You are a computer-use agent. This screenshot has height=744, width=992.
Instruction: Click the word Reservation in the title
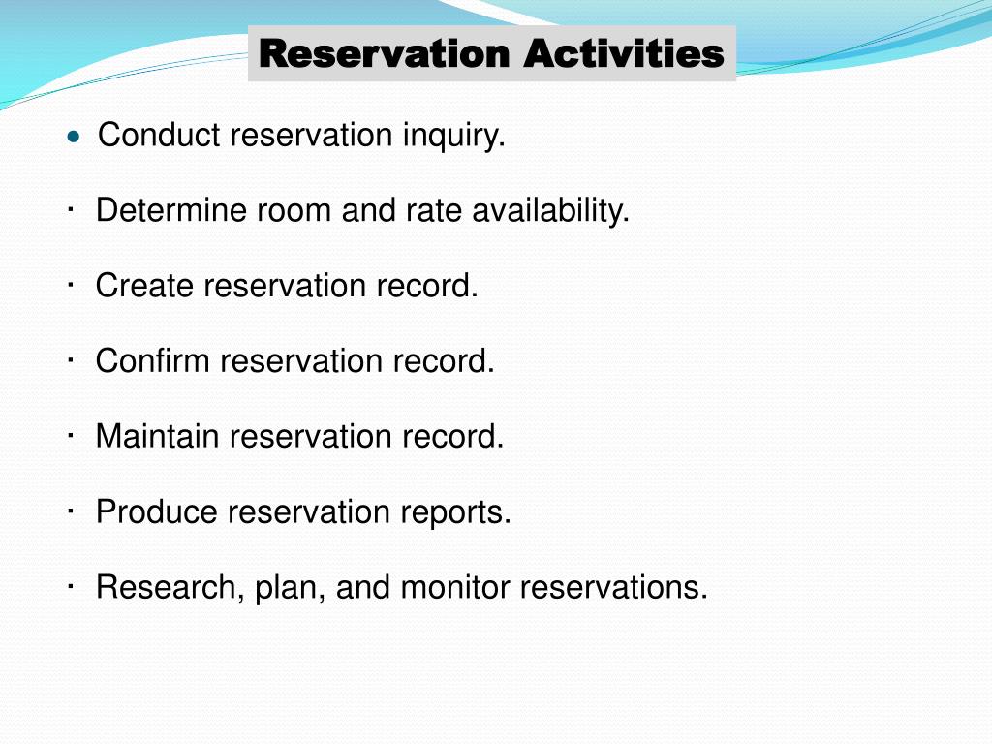tap(385, 53)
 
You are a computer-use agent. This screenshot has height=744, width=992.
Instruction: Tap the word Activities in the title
tap(624, 53)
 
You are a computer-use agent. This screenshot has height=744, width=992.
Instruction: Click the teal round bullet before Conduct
tap(73, 138)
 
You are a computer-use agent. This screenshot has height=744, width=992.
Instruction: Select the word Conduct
tap(160, 136)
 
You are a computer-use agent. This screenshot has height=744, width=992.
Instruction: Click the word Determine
tap(171, 210)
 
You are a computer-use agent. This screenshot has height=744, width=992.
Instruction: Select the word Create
tap(145, 286)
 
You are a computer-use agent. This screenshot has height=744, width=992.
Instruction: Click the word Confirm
tap(153, 361)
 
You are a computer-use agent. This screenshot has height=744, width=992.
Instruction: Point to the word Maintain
tap(158, 436)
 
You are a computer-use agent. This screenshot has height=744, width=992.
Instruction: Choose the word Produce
tap(157, 511)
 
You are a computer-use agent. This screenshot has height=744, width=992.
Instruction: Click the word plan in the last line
tap(289, 587)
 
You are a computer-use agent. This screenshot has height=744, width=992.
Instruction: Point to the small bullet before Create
tap(73, 285)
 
